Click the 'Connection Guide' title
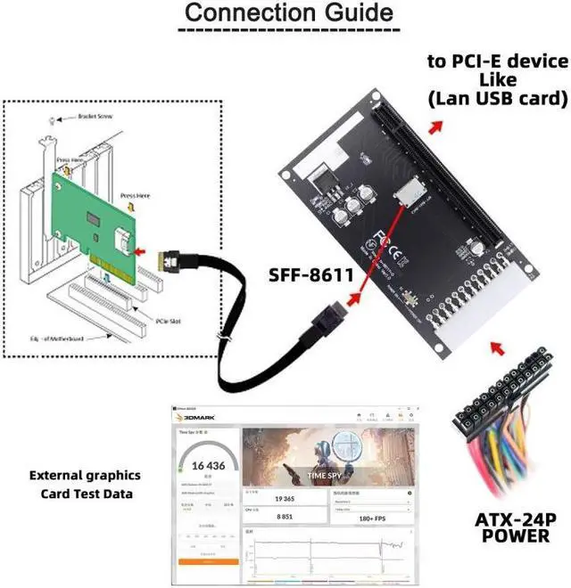click(288, 15)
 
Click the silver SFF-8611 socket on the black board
click(411, 190)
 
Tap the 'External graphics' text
click(85, 475)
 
